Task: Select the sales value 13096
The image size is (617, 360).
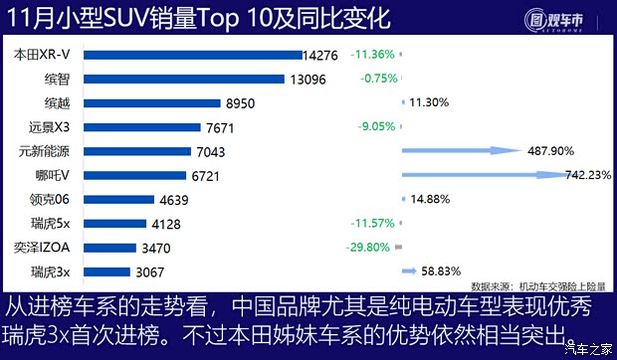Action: (x=307, y=80)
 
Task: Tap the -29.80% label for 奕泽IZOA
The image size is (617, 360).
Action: (x=371, y=247)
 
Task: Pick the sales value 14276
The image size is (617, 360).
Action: (x=325, y=56)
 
